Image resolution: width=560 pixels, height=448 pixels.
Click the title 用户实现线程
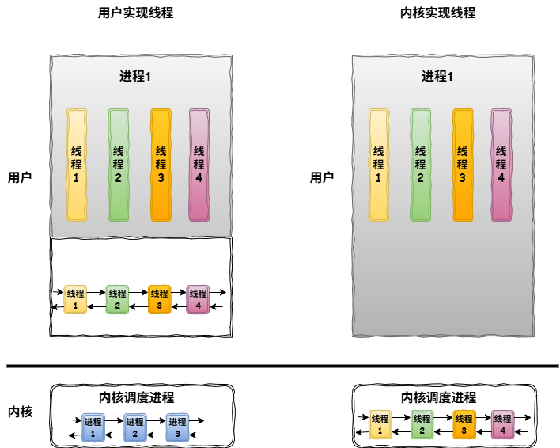coord(141,13)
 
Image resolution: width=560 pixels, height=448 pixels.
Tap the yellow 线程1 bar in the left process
coord(77,165)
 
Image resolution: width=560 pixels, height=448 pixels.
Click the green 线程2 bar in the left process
coord(119,165)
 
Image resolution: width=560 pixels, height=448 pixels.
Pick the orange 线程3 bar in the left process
coord(161,165)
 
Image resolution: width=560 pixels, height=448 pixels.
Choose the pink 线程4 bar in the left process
coord(199,165)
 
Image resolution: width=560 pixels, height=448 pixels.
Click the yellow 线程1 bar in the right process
coord(379,165)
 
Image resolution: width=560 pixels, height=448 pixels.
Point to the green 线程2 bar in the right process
coord(420,165)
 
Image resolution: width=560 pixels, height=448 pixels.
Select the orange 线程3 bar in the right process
coord(463,165)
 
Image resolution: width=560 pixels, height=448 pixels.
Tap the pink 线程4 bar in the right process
coord(501,165)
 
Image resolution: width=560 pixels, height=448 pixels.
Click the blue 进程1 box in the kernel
coord(93,427)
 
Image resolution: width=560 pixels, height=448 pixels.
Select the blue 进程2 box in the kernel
coord(135,427)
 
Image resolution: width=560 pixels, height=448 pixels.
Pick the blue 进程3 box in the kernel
coord(178,427)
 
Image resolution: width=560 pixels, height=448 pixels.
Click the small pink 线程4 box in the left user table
coord(198,298)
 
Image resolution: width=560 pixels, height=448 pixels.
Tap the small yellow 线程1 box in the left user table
coord(76,298)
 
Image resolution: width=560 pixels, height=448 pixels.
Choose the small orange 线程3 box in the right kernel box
coord(464,424)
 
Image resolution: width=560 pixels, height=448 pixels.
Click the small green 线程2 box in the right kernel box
coord(422,424)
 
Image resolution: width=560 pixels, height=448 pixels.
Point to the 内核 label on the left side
coord(20,412)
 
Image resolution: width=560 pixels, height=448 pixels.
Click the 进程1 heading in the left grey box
coord(135,77)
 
